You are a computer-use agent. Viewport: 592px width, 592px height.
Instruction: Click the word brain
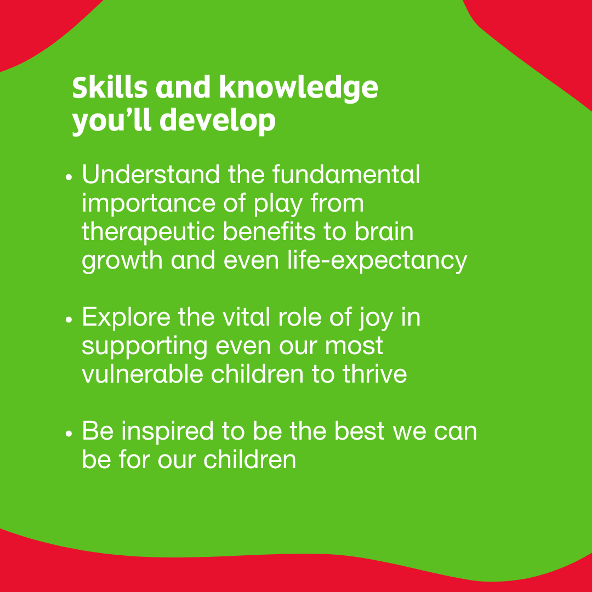383,232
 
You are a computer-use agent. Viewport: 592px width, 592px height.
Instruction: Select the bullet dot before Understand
69,179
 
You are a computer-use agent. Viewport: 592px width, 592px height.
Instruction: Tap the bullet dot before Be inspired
69,435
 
